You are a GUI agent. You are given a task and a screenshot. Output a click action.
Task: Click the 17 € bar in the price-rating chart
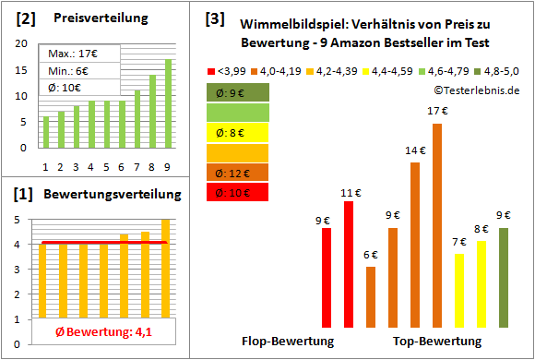(437, 225)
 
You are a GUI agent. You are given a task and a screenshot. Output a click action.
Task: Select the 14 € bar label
(416, 150)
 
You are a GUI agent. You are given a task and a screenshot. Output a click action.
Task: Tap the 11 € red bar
(349, 264)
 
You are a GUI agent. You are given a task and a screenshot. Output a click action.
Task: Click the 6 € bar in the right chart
(371, 296)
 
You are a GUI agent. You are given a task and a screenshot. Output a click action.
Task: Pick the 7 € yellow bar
(459, 290)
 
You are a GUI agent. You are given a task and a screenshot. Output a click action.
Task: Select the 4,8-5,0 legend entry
(497, 70)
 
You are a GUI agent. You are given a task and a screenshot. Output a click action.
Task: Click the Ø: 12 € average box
(238, 172)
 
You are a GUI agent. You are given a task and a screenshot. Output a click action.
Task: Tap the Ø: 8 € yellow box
(238, 132)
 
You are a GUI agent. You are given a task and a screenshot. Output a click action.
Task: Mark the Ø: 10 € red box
(238, 192)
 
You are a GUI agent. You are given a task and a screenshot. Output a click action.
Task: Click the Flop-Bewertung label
(287, 342)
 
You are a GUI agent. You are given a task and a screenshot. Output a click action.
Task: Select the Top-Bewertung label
(437, 342)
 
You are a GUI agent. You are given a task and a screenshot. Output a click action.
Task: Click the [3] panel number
(215, 18)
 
